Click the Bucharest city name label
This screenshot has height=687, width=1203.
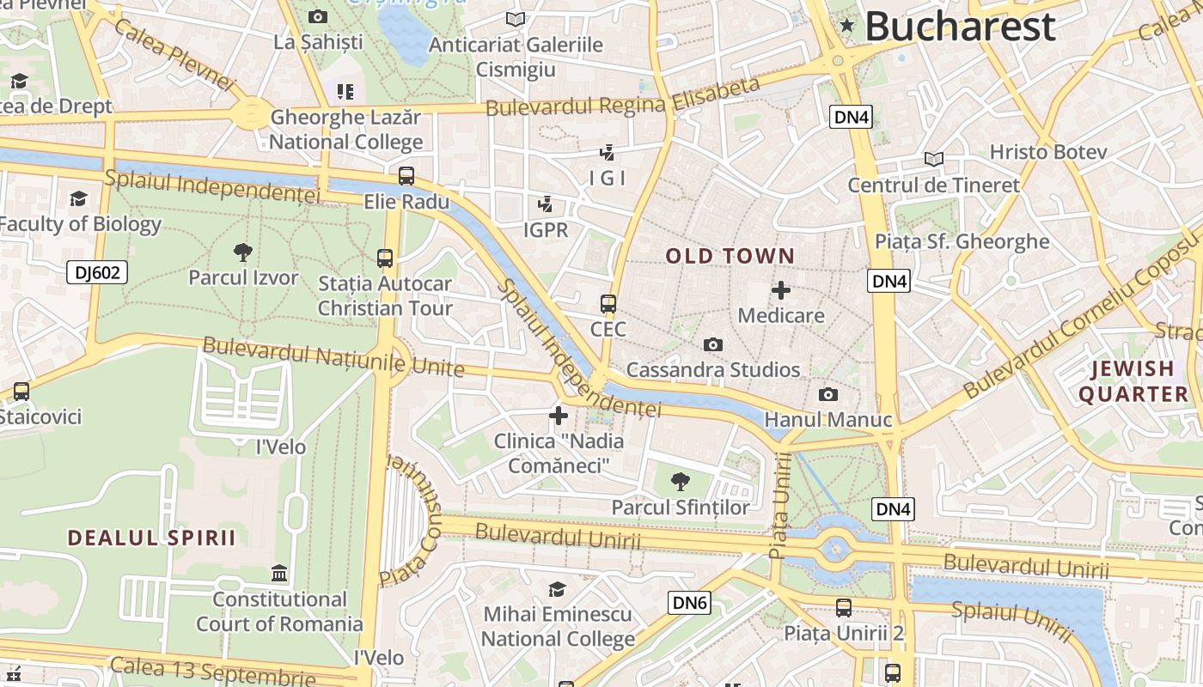959,27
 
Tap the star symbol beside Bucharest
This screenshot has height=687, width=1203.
847,26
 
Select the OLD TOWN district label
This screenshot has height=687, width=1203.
730,256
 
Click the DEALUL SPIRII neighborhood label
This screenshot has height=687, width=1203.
151,538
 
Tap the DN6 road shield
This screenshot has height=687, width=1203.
689,603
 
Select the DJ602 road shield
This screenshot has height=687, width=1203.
97,273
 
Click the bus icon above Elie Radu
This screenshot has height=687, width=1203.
406,176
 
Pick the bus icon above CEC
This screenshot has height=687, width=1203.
608,303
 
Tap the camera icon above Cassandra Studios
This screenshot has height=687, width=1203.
712,344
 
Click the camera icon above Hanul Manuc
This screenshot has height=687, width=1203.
827,394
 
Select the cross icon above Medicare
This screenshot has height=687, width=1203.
780,290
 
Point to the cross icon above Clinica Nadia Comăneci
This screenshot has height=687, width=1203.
559,416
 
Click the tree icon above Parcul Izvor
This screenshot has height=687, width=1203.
243,252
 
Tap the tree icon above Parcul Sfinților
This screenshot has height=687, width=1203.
680,482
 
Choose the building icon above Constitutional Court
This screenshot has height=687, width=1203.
279,573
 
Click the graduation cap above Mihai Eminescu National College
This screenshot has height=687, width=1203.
558,589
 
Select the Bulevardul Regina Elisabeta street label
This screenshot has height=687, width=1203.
623,97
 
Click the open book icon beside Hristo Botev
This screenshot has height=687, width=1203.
933,159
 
